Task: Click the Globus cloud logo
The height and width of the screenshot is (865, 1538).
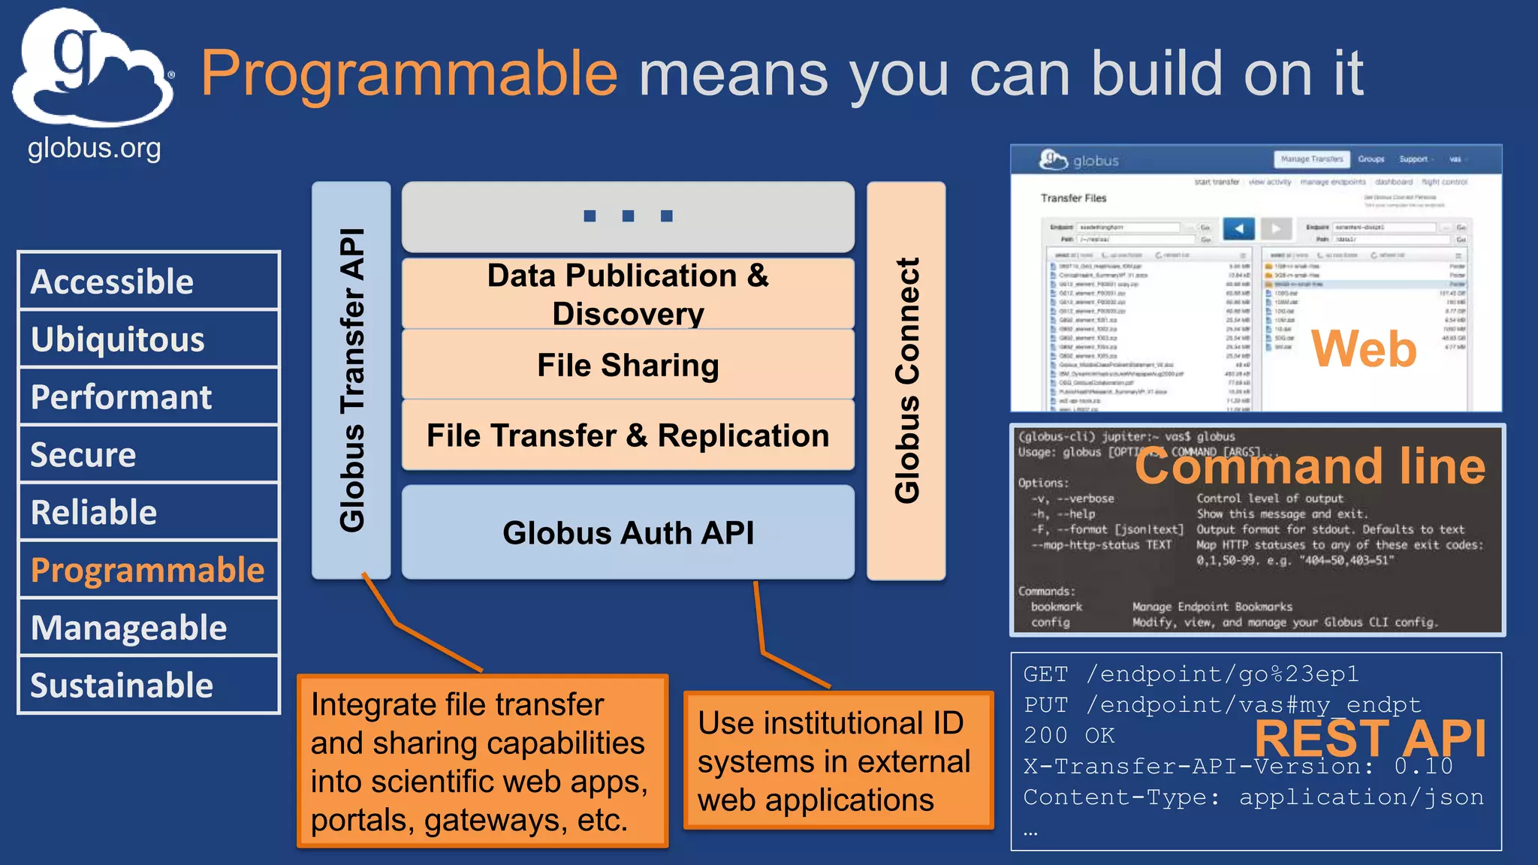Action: click(x=92, y=69)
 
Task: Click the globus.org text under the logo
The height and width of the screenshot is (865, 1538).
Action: click(x=94, y=149)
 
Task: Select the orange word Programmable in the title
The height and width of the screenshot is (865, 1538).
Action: click(x=409, y=74)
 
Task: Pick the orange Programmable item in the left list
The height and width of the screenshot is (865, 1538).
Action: click(x=148, y=570)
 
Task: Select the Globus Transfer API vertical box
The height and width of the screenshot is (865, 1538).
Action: click(x=351, y=380)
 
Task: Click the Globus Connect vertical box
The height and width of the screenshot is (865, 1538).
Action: click(x=906, y=380)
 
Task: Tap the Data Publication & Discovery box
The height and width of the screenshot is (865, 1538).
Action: click(x=628, y=294)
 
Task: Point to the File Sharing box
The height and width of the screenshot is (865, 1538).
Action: click(x=628, y=366)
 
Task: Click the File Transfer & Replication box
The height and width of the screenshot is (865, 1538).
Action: click(x=628, y=436)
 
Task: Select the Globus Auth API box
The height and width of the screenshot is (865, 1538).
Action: click(x=628, y=532)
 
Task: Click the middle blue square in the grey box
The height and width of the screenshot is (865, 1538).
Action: click(x=628, y=216)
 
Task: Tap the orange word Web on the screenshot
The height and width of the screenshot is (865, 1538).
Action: click(x=1363, y=349)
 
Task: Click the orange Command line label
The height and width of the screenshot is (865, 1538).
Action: click(x=1310, y=466)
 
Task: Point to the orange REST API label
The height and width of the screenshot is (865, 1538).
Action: click(x=1370, y=738)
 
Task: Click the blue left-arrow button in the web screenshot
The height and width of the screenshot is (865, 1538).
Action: click(x=1238, y=228)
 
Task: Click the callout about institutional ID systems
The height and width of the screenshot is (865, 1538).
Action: click(x=838, y=761)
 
